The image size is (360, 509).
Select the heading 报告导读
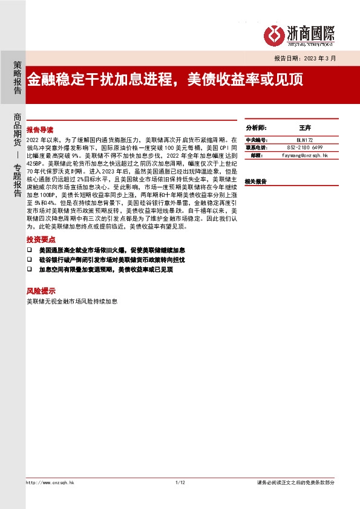40,130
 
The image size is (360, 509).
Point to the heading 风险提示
40,290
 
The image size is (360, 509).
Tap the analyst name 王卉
305,129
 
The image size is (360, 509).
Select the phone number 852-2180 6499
305,148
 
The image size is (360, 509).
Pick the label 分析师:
256,129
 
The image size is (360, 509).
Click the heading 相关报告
256,181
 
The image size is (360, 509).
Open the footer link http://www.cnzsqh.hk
50,482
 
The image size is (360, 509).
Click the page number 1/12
179,482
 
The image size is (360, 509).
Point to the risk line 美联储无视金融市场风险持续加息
72,300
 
